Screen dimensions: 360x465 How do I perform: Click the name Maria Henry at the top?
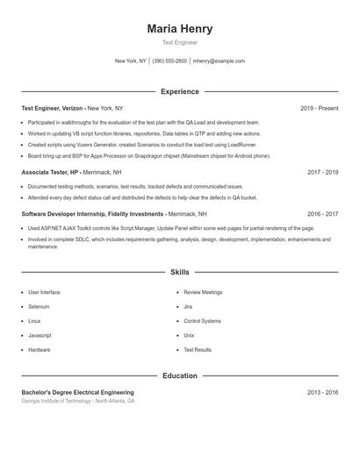pos(180,29)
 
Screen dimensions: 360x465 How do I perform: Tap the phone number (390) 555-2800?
pos(169,61)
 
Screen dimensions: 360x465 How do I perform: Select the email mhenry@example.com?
pos(219,61)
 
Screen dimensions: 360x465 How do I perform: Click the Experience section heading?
pos(180,91)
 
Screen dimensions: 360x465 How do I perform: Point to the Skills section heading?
pos(180,272)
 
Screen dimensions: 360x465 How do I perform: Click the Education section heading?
pos(180,376)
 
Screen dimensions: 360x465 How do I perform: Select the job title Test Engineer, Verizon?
pos(52,108)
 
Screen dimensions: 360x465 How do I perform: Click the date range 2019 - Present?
pos(319,108)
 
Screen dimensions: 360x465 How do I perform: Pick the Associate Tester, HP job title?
pos(49,172)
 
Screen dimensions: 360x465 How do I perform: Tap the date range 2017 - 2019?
pos(322,172)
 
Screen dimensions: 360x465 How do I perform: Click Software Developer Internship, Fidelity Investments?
pos(92,213)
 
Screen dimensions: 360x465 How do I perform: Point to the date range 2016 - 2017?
pos(322,213)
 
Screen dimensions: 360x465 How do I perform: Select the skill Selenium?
pos(39,306)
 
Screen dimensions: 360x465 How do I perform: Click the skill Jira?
pos(188,306)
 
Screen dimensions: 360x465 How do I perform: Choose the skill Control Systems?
pos(202,321)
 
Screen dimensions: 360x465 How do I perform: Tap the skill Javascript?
pos(40,335)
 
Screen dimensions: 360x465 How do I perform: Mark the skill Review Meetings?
pos(203,292)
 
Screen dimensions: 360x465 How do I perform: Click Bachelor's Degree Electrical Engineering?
pos(77,392)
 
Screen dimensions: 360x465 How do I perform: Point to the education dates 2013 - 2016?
pos(322,392)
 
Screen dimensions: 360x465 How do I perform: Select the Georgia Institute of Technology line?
pos(78,401)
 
